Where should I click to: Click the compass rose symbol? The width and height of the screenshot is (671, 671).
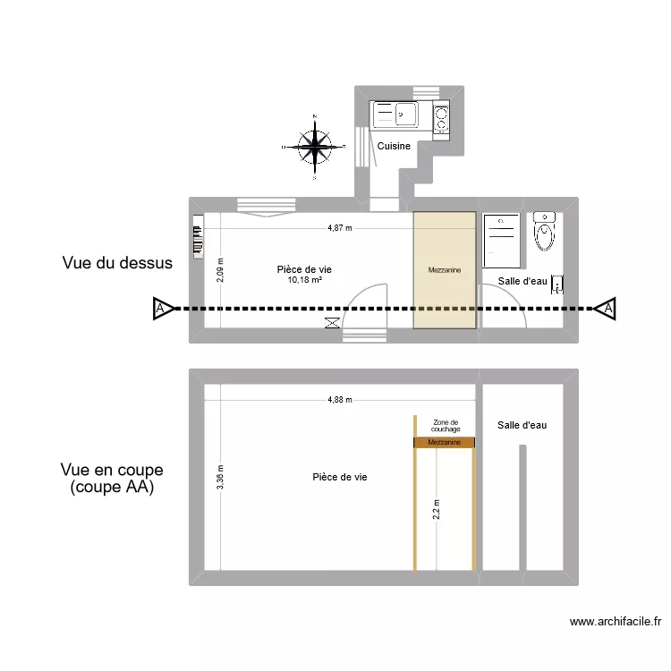point(315,147)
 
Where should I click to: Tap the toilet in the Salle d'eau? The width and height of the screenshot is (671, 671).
point(544,231)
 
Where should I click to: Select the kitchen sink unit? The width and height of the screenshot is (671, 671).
point(395,115)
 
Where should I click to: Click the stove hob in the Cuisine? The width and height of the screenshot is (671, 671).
point(441,119)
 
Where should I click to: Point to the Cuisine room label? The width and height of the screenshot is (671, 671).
point(394,146)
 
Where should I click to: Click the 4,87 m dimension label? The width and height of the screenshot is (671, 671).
point(340,228)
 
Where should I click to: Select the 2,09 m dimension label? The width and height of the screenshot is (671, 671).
point(220,270)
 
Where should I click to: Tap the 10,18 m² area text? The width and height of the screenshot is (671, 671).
point(305,280)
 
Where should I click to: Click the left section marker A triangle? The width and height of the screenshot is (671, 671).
point(163,308)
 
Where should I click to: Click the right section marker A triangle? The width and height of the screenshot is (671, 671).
point(606,308)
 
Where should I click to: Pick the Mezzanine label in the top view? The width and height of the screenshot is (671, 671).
point(445,270)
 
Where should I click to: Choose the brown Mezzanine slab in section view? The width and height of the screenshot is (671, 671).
point(444,443)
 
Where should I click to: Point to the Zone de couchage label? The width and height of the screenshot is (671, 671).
point(446,426)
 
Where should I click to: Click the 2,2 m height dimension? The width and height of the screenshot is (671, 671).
point(436,510)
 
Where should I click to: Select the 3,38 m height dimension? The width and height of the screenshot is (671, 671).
point(220,477)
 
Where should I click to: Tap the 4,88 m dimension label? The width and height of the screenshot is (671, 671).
point(340,400)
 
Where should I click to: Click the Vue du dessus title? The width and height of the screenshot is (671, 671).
point(117,263)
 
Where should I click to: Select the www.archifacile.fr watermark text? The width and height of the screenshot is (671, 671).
point(616,622)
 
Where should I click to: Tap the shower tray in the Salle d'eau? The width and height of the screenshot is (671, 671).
point(501,241)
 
